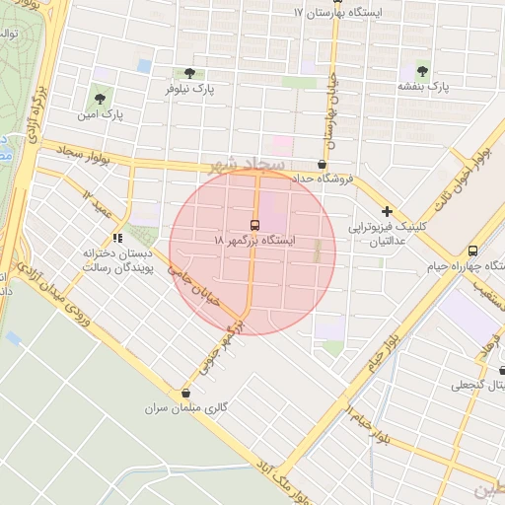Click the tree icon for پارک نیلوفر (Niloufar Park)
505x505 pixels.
point(189,72)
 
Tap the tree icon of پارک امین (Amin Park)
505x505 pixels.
point(99,98)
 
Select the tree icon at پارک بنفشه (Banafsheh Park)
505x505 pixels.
point(422,71)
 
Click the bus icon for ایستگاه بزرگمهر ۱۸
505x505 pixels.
point(255,224)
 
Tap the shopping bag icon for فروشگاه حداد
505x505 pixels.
point(323,164)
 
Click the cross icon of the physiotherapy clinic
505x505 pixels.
point(388,211)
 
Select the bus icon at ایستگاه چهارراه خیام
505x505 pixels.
point(472,251)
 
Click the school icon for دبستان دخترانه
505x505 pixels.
point(117,237)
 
